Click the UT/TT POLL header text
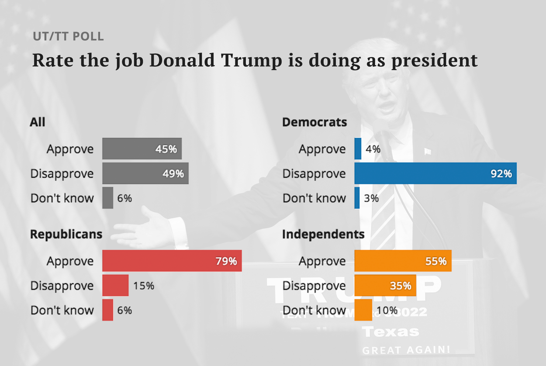(x=68, y=36)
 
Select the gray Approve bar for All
(x=142, y=149)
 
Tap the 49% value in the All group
(x=173, y=173)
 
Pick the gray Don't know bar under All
(x=107, y=198)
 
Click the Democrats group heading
(x=314, y=122)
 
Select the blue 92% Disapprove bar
(x=435, y=173)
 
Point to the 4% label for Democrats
(x=373, y=149)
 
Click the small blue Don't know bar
(x=357, y=198)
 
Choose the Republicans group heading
(x=66, y=234)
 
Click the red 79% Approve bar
(x=172, y=261)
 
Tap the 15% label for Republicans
(x=144, y=286)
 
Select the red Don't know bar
(x=107, y=310)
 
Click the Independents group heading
(x=323, y=234)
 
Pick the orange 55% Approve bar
(x=402, y=261)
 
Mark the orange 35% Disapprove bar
(x=384, y=286)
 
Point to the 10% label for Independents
(x=387, y=310)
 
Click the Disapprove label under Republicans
(x=62, y=286)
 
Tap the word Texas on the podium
(x=391, y=331)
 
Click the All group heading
(x=38, y=122)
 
